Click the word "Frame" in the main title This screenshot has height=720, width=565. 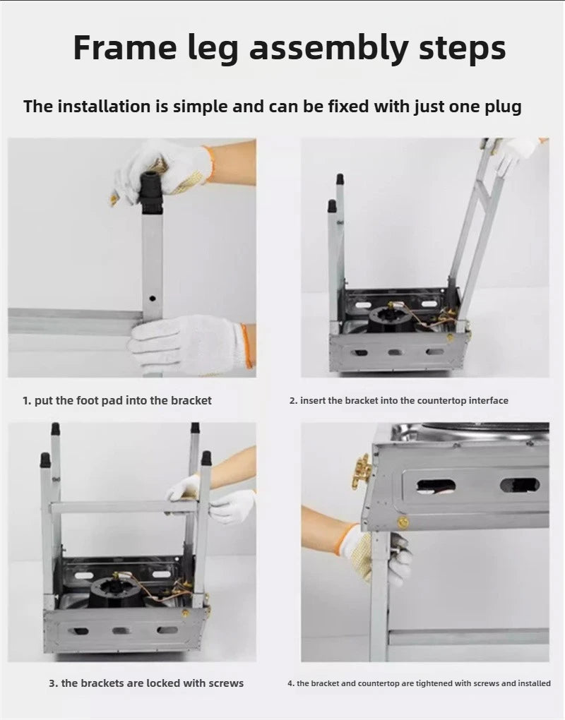click(125, 47)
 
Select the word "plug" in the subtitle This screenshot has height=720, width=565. click(503, 107)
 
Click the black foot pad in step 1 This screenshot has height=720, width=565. click(151, 193)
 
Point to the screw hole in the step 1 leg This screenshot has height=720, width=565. click(153, 299)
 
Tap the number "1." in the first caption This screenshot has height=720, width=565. click(27, 401)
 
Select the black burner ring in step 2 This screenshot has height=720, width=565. click(388, 319)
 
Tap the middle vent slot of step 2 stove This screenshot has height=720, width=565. click(394, 353)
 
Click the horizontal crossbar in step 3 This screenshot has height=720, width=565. click(124, 507)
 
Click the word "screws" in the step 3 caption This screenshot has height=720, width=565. click(226, 683)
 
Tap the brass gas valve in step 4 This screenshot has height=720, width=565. click(362, 471)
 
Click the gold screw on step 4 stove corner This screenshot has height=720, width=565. click(403, 522)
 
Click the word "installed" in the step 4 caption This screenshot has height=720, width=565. click(534, 684)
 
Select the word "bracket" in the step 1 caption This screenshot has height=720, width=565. click(191, 401)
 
